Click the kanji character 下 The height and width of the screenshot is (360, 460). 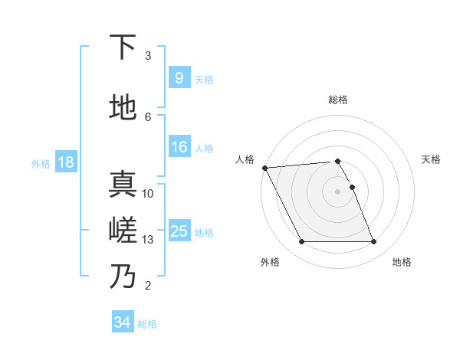(x=123, y=47)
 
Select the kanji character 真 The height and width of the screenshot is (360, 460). (x=123, y=185)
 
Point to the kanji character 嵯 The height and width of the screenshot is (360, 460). (x=123, y=231)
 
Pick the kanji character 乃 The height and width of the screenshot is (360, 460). (x=123, y=277)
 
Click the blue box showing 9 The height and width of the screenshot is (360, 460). (x=178, y=78)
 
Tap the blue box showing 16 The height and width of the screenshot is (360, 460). (x=179, y=147)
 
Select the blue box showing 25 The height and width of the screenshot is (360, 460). (x=179, y=231)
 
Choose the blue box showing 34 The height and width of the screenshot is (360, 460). (x=122, y=322)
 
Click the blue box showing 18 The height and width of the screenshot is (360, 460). (x=65, y=162)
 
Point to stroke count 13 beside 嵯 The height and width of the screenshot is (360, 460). (x=148, y=240)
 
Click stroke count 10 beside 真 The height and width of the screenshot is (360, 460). (x=148, y=194)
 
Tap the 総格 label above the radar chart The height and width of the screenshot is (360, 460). (x=338, y=100)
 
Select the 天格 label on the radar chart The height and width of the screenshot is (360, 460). (x=431, y=159)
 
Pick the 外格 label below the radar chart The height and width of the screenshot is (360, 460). (x=270, y=262)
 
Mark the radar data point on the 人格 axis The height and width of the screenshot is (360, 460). (x=264, y=168)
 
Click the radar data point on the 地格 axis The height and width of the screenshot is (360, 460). (x=373, y=242)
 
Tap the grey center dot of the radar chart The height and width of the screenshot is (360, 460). (x=337, y=191)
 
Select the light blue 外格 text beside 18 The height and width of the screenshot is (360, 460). (x=41, y=163)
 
